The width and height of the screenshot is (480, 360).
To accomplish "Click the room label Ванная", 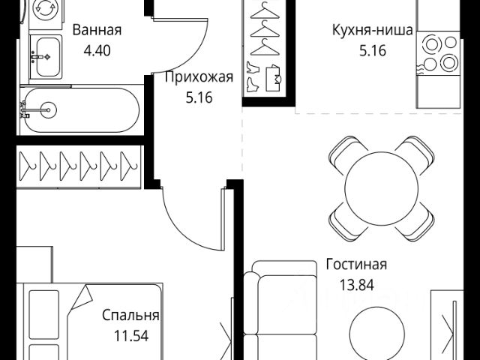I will pos(97,31).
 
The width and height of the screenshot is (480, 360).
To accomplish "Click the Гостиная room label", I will pos(356,264).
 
